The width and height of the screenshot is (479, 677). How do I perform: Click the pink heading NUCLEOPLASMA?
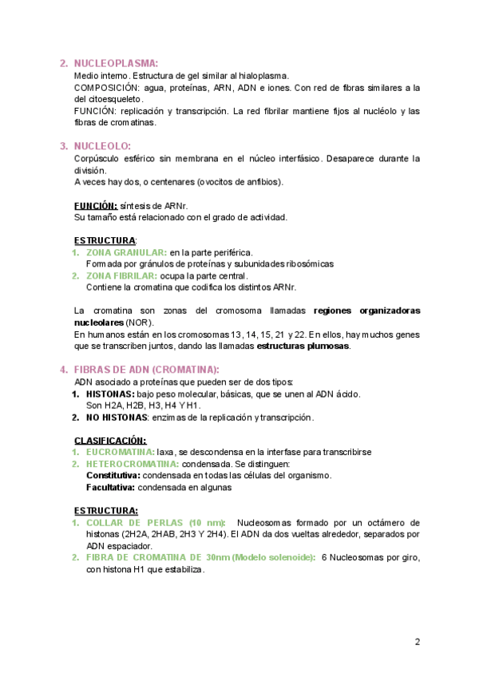pos(116,64)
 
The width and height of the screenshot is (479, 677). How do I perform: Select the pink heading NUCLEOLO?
pos(102,146)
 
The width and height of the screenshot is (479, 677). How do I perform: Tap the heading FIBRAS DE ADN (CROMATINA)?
pos(146,370)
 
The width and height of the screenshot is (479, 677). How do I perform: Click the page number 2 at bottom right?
pos(418,642)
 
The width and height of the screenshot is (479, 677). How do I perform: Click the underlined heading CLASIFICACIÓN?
pos(110,440)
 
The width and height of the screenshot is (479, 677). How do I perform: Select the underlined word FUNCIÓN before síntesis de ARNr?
pos(96,205)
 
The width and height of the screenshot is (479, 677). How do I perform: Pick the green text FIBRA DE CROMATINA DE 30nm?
pos(157,558)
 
